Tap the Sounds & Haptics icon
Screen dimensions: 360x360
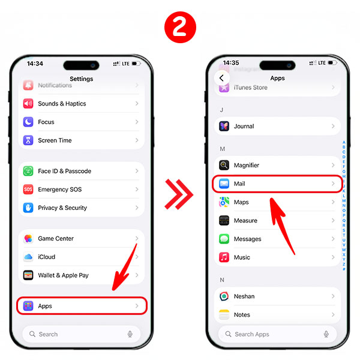click(x=28, y=104)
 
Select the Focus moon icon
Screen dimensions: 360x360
click(x=28, y=122)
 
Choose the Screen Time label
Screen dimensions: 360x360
click(x=55, y=140)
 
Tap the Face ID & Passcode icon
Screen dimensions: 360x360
click(x=28, y=171)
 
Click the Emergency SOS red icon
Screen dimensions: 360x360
click(x=28, y=190)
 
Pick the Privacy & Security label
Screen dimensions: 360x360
click(x=62, y=208)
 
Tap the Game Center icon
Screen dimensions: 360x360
click(x=28, y=239)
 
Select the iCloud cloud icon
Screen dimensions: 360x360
click(x=28, y=257)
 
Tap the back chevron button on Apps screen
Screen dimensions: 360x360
click(x=221, y=78)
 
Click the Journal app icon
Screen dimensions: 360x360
click(x=224, y=127)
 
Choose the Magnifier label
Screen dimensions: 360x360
click(x=247, y=165)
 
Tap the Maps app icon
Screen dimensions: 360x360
click(x=224, y=202)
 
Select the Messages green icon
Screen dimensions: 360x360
click(x=224, y=239)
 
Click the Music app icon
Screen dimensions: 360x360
click(x=224, y=257)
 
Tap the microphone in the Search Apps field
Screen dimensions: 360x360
click(x=326, y=334)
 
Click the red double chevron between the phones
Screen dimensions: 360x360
click(x=179, y=193)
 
